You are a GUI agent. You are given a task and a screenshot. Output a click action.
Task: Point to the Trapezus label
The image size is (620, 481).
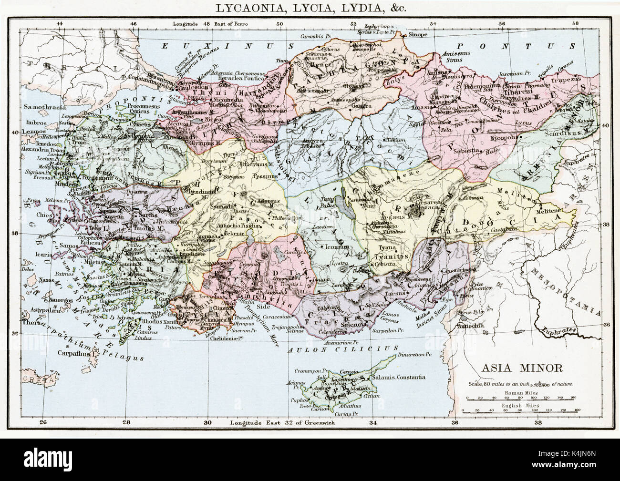(x=579, y=79)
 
